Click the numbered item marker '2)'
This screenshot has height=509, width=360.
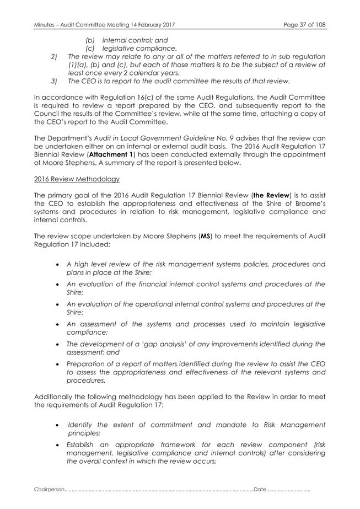[53, 57]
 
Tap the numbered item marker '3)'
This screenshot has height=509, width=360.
[53, 82]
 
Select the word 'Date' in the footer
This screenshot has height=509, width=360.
[260, 490]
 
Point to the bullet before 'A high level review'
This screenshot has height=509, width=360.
[58, 265]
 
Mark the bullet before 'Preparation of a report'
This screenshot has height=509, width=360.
[58, 364]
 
